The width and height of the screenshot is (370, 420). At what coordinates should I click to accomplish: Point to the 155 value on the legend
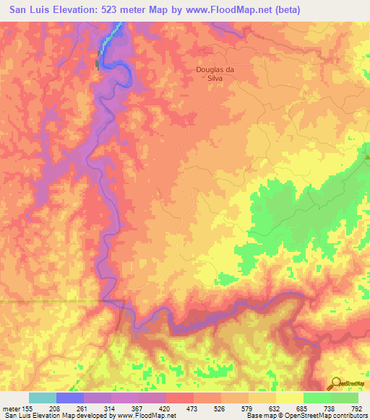pos(29,408)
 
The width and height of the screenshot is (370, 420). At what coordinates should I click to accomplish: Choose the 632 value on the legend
pos(290,408)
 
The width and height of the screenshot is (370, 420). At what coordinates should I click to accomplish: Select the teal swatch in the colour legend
pos(43,397)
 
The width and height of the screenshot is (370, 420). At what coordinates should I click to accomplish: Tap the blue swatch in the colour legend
pos(70,397)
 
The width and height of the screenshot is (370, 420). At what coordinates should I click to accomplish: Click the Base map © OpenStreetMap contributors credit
pos(306,416)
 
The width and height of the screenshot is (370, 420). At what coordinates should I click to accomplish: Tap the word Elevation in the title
pos(64,10)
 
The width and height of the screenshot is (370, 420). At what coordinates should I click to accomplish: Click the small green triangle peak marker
pos(367,154)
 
